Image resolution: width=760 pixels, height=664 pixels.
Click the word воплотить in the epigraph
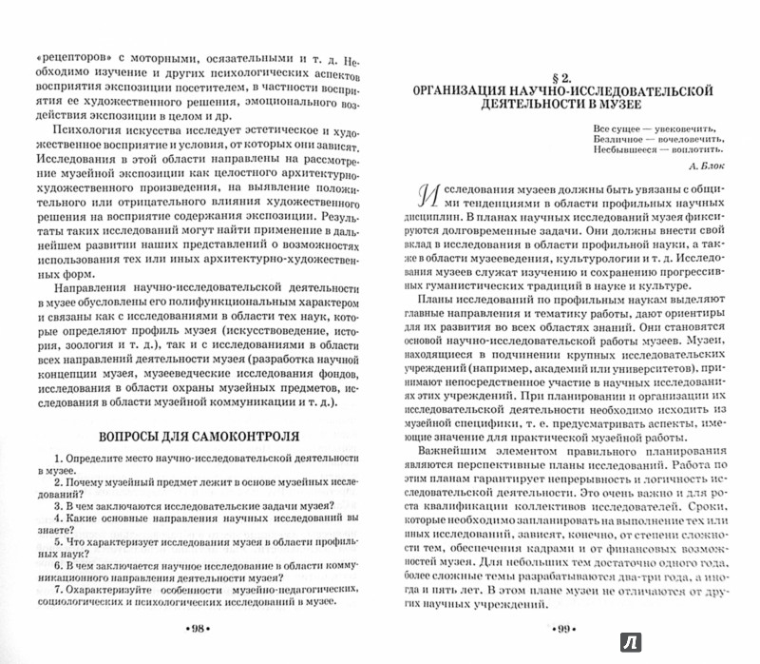point(687,147)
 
